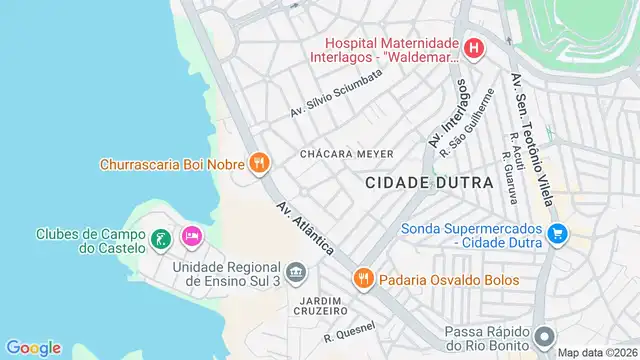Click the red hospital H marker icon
(x=474, y=47)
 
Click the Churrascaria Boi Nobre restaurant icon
(x=259, y=163)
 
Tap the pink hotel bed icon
(x=191, y=237)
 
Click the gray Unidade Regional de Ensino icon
(x=296, y=272)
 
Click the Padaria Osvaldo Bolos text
(x=447, y=280)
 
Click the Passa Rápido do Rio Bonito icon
(x=544, y=337)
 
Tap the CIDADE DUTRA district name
(x=429, y=183)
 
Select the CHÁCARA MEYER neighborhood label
(x=346, y=153)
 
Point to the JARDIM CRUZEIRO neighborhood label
(x=322, y=305)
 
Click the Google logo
(x=34, y=347)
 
